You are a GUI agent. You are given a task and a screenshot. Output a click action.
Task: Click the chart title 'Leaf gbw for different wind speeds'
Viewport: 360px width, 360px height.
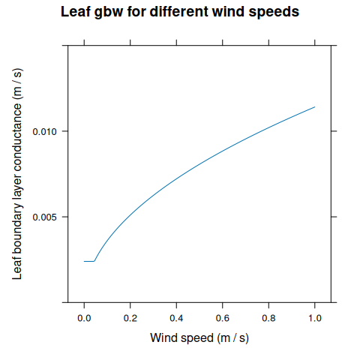point(179,13)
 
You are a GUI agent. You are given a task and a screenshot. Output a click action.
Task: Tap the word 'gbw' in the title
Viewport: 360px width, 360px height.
point(112,13)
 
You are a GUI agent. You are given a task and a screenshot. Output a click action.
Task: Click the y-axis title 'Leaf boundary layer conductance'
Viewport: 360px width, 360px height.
point(17,174)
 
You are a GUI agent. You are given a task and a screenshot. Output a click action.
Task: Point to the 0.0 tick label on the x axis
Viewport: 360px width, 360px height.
point(84,318)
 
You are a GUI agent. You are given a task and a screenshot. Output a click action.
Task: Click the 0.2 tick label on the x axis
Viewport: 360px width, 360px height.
point(130,318)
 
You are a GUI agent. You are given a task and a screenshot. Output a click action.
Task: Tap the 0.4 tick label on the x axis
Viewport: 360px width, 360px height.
point(176,318)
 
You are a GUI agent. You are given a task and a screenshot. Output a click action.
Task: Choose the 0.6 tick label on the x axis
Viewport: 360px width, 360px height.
point(223,318)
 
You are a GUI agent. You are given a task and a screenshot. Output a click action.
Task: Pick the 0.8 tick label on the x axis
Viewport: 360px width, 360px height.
point(268,318)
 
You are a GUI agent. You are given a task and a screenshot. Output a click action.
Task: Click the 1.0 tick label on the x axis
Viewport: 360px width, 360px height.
point(315,318)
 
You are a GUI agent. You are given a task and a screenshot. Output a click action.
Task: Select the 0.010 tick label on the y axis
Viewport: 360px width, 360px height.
point(45,131)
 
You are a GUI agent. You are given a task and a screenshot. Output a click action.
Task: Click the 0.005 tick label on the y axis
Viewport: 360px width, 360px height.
point(45,217)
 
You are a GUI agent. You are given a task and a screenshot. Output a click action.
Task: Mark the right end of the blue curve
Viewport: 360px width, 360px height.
point(315,106)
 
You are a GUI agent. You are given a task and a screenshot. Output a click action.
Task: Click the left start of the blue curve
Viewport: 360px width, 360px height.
point(84,261)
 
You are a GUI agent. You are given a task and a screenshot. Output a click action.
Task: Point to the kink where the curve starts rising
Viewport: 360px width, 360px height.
point(94,261)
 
